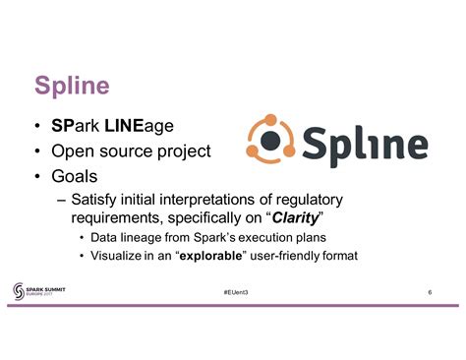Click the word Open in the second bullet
click(77, 151)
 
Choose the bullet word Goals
click(78, 178)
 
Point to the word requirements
click(118, 218)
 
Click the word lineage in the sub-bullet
click(140, 238)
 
